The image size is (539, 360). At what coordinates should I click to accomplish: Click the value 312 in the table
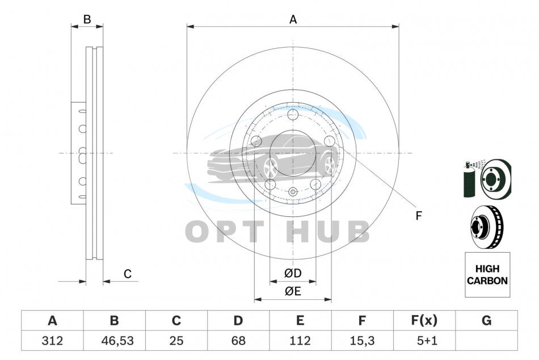coord(52,341)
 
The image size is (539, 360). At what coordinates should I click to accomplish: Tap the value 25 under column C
coord(176,341)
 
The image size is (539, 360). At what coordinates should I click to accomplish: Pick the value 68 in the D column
coord(238,341)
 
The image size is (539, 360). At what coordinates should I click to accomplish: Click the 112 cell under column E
coord(300,341)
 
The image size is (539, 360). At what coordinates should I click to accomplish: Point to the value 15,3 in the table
coord(362,341)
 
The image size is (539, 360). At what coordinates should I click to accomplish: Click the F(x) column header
coord(424,321)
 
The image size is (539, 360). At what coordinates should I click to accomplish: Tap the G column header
coord(486,321)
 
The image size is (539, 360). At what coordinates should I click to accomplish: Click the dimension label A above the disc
coord(293,20)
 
